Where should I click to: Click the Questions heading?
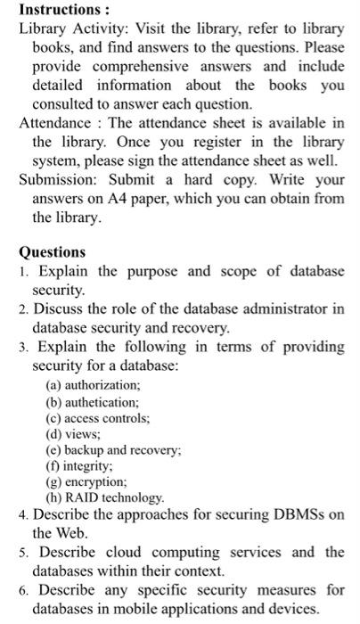53,252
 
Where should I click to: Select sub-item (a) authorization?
93,384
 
